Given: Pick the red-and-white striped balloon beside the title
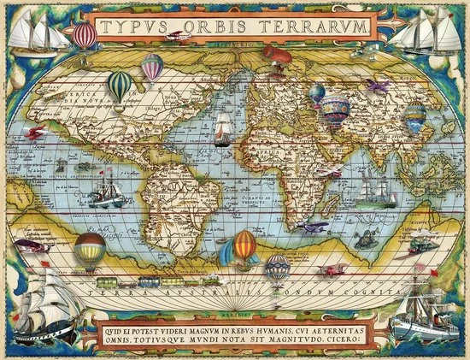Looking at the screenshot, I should [x=85, y=35].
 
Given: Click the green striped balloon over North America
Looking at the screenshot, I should [x=120, y=86].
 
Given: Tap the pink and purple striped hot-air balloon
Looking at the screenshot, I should [x=152, y=66].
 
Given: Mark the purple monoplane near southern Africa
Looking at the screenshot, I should [x=316, y=227].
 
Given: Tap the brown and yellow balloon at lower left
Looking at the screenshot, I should [x=89, y=250].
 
